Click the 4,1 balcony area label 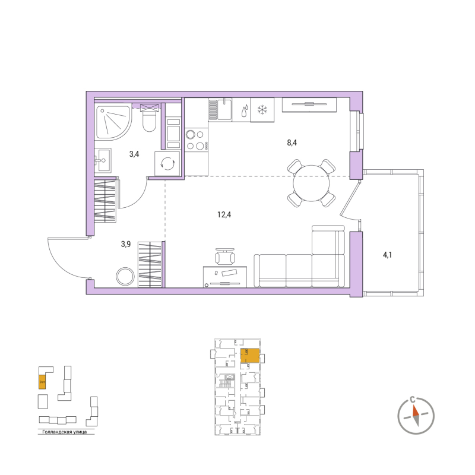click(387, 255)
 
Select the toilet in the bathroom click(149, 121)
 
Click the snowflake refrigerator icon click(262, 110)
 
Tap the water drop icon click(243, 110)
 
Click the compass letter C click(413, 400)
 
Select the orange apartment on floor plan click(252, 356)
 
